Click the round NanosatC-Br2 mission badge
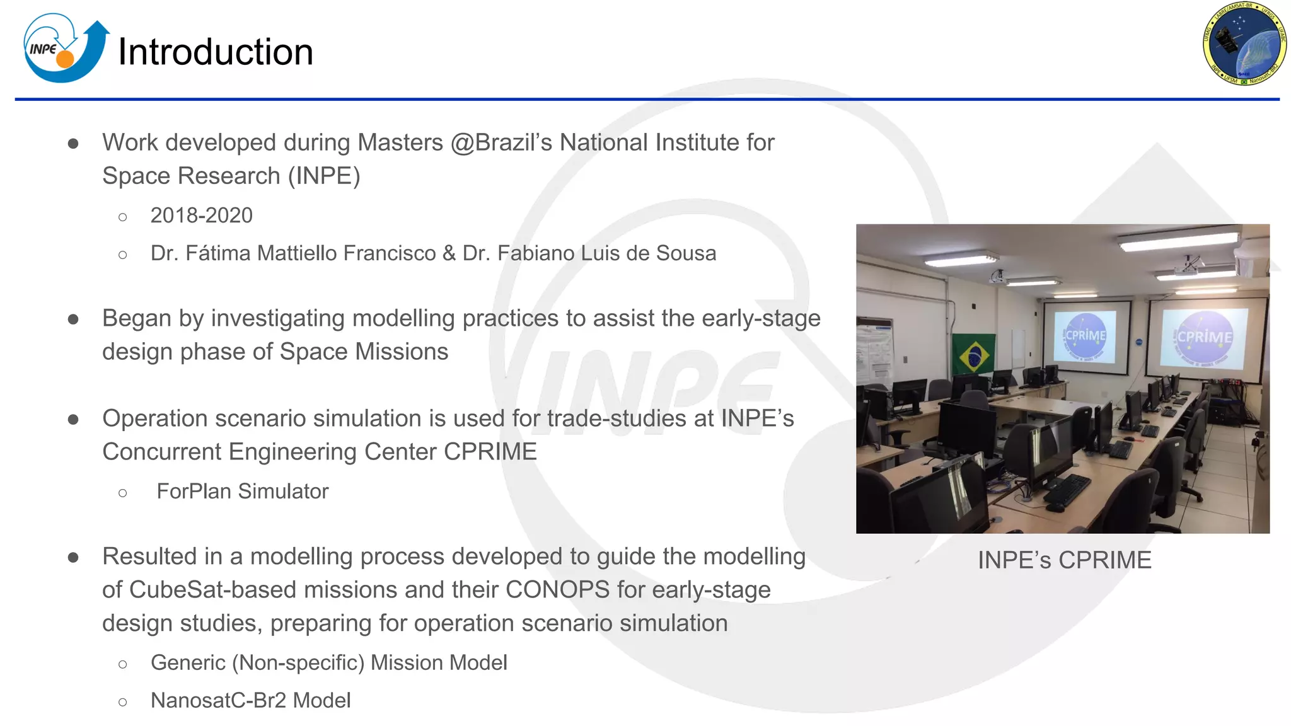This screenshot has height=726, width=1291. pyautogui.click(x=1244, y=43)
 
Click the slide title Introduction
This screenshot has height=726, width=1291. pyautogui.click(x=216, y=52)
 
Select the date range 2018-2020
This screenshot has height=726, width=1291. pyautogui.click(x=201, y=216)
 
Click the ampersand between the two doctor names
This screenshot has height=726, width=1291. pyautogui.click(x=449, y=253)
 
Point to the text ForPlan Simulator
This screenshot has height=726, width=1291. pyautogui.click(x=242, y=492)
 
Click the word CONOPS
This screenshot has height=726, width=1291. pyautogui.click(x=557, y=590)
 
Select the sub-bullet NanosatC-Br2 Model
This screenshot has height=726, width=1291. pyautogui.click(x=250, y=701)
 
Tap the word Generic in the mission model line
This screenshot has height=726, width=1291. pyautogui.click(x=188, y=663)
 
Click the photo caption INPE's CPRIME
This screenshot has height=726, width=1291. pyautogui.click(x=1064, y=560)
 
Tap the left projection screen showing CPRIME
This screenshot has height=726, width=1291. pyautogui.click(x=1085, y=337)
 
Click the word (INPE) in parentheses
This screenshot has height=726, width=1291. pyautogui.click(x=324, y=176)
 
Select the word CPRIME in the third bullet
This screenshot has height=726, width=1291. pyautogui.click(x=490, y=452)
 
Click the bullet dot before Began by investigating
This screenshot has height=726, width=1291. pyautogui.click(x=73, y=320)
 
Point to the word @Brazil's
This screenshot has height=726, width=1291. pyautogui.click(x=501, y=142)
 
